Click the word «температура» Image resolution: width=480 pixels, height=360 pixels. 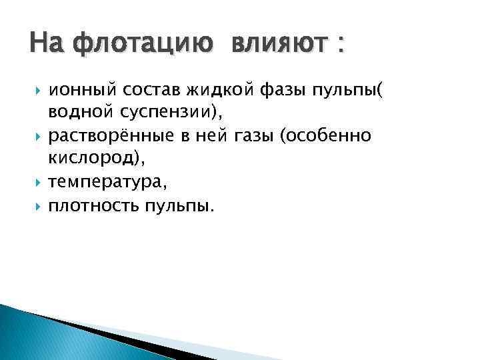(x=110, y=181)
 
